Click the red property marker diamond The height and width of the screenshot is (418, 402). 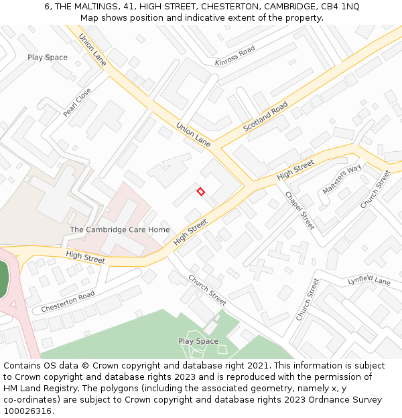[x=200, y=192]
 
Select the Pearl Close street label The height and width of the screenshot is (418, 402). [x=77, y=103]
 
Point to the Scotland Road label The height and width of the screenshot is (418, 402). [x=265, y=116]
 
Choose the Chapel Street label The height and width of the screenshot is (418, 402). [x=299, y=211]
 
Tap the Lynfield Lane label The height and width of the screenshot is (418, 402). [x=368, y=281]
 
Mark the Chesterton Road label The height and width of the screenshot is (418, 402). [x=68, y=302]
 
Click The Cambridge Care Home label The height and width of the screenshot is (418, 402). [x=120, y=229]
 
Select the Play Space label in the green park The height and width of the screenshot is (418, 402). [x=198, y=341]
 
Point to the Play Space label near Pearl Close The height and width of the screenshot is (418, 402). [x=48, y=58]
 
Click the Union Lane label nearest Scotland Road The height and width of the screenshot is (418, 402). [x=194, y=134]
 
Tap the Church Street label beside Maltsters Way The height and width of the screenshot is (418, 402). [x=375, y=189]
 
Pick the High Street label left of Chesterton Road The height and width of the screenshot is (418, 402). [x=85, y=256]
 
